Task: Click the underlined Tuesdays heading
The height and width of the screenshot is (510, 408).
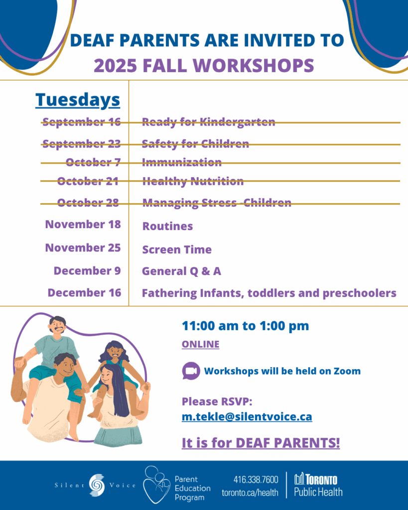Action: [x=78, y=100]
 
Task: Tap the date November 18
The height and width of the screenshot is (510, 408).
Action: [x=83, y=225]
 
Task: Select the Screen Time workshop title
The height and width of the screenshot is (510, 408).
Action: [x=177, y=250]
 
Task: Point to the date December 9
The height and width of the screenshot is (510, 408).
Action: [x=87, y=270]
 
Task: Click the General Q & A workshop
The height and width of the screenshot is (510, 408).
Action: [x=181, y=271]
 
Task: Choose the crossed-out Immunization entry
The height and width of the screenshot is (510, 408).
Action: [x=182, y=162]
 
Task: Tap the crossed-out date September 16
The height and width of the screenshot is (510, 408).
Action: [x=81, y=122]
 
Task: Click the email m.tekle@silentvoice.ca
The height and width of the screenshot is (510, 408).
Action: [x=247, y=417]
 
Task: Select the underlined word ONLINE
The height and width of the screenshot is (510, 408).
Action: [x=200, y=344]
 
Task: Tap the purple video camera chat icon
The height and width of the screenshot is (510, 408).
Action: [x=191, y=371]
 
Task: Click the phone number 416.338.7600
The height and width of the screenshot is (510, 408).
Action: [x=256, y=480]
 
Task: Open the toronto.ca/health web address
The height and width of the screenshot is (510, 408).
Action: [x=250, y=493]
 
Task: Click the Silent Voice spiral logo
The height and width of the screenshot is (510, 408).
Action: [x=97, y=485]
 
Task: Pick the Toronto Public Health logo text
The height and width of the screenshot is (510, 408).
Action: [x=318, y=485]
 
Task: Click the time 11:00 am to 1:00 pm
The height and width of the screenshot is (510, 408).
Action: [x=245, y=326]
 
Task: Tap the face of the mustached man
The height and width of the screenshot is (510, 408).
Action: [x=58, y=326]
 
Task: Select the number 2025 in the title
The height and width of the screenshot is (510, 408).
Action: [x=115, y=66]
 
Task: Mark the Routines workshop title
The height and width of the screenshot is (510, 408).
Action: [x=167, y=226]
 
